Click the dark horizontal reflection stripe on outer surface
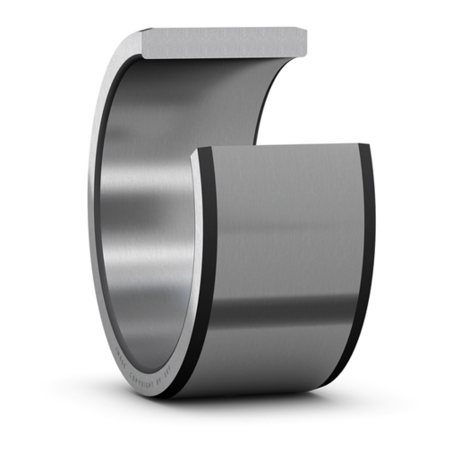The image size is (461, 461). coord(286,309)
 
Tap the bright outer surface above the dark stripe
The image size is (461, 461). coord(286,224)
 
